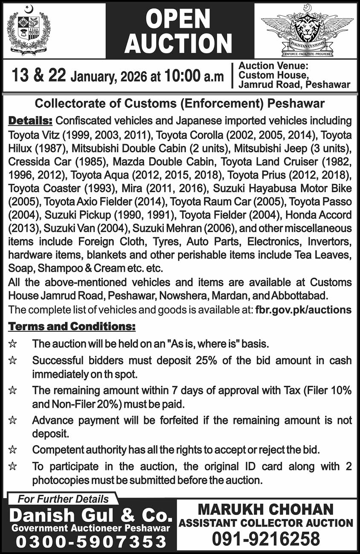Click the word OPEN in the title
[179, 19]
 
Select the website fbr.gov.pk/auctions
[303, 310]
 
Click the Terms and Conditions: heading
[72, 327]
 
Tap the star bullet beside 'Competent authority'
[13, 450]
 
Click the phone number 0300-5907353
[90, 542]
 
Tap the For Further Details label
[63, 499]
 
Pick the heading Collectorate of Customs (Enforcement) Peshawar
[180, 104]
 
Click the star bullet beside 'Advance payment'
[13, 421]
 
